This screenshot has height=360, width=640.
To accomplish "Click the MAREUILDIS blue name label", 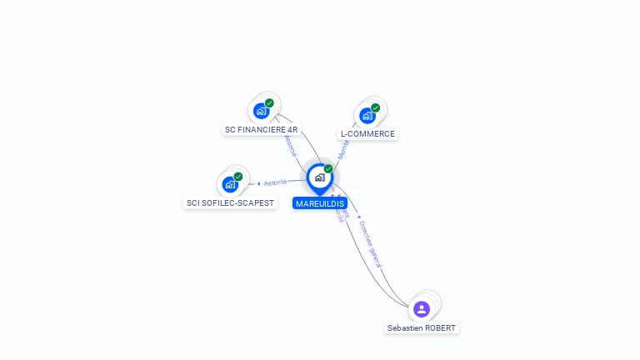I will point(319,203).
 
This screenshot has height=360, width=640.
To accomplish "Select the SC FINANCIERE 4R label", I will point(261,130).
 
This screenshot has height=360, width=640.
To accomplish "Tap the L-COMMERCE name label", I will point(367,134).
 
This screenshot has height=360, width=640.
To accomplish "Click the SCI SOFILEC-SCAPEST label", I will point(230,203).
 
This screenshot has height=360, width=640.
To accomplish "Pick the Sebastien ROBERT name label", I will point(422,328).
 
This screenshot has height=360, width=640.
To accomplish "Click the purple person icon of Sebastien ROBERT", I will point(422,309).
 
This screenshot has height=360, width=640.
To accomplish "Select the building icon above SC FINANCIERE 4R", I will point(262,111).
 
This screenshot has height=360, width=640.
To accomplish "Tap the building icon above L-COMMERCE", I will point(367,116).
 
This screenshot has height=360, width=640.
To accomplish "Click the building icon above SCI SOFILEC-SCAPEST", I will point(230,184).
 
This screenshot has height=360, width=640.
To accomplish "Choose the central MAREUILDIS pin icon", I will point(319,177).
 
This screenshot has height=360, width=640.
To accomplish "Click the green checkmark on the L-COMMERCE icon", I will point(376,107).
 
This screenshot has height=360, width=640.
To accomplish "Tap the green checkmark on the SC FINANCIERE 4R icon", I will point(269,103).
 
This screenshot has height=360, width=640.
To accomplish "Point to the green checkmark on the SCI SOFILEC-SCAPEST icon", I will point(238,177).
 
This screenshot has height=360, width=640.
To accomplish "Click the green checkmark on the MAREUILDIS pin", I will point(328,169).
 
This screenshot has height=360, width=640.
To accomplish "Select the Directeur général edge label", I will point(370,243).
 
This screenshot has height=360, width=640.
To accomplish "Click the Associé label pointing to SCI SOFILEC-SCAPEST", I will point(274,182).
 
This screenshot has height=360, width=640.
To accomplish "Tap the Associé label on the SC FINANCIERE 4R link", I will point(290,145).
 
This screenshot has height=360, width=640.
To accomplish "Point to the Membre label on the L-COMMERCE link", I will point(344,149).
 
